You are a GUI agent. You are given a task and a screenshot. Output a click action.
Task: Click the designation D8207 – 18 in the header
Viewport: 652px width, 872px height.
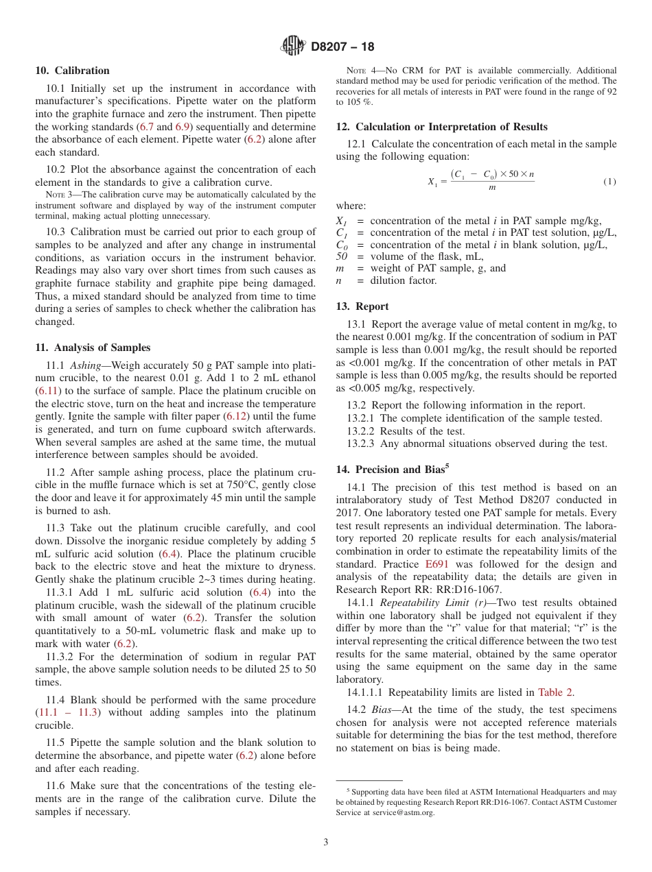click(342, 47)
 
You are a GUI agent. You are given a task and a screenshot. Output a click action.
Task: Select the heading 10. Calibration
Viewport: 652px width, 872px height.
click(72, 71)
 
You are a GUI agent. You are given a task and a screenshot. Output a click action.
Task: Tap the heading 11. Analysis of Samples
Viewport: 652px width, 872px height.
click(93, 348)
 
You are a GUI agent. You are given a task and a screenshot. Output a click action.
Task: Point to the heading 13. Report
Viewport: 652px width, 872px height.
click(362, 306)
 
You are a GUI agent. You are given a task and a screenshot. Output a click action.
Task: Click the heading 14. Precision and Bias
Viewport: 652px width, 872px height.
click(392, 470)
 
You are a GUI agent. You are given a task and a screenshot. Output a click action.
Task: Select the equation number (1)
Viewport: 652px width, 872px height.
click(609, 182)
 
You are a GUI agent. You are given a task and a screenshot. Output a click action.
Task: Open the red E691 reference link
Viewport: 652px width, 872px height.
click(436, 564)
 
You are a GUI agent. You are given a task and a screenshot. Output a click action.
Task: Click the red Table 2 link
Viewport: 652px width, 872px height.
click(556, 692)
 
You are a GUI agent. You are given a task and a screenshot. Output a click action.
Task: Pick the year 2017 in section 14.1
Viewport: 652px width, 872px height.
click(349, 513)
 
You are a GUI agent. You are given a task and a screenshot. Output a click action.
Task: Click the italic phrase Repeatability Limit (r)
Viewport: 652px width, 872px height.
click(424, 603)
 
